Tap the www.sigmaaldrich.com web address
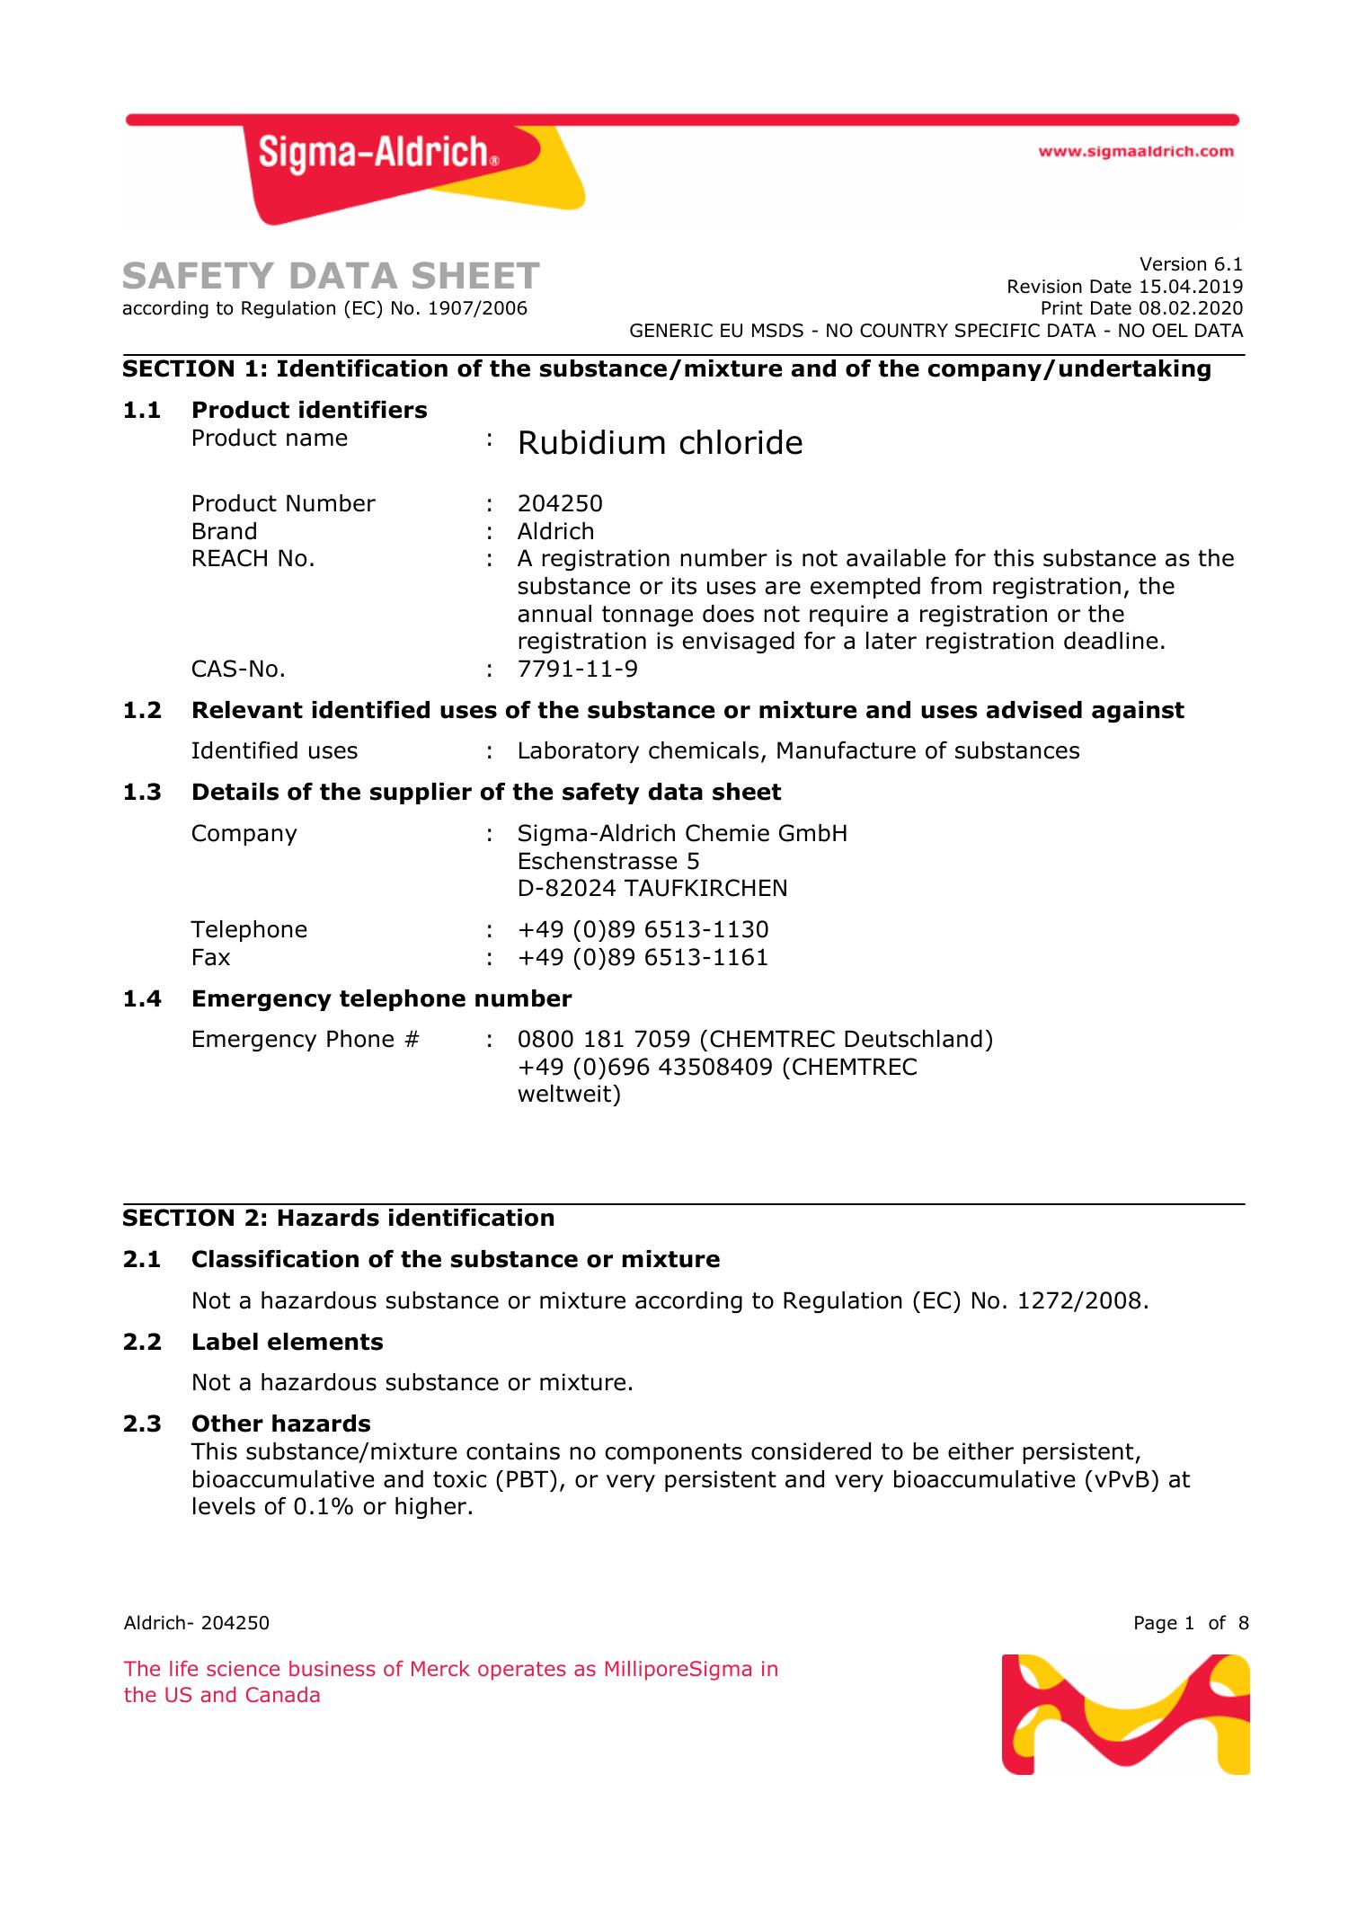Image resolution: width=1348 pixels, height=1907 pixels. (x=1136, y=152)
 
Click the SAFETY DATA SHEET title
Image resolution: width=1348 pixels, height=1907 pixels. (x=331, y=276)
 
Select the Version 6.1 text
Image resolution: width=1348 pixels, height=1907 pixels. (x=1191, y=264)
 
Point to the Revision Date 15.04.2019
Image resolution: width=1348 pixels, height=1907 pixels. (x=1124, y=287)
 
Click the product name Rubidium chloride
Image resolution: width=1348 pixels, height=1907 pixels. (x=660, y=443)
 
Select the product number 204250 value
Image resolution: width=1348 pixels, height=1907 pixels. (x=560, y=503)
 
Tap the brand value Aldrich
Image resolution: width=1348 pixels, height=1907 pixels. (x=555, y=531)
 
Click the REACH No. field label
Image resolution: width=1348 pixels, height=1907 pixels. (x=253, y=559)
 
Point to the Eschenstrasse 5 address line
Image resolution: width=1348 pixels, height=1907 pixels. (x=607, y=861)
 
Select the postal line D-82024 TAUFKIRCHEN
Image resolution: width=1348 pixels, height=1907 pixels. (x=652, y=889)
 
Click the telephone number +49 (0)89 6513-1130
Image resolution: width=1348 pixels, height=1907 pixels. (x=643, y=929)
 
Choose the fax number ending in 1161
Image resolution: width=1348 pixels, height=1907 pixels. (x=643, y=957)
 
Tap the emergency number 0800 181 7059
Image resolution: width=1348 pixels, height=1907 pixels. (x=603, y=1040)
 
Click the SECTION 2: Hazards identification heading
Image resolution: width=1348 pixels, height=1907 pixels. (x=339, y=1219)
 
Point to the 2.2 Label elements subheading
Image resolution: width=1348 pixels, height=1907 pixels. (x=287, y=1342)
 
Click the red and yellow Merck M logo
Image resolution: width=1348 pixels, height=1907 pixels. (x=1125, y=1714)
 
